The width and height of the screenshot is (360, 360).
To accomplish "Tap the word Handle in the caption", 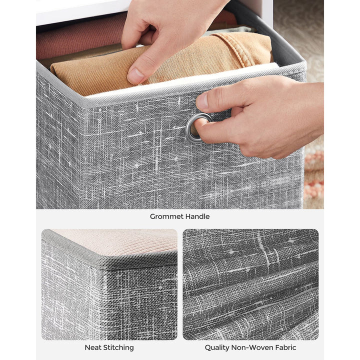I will (x=196, y=216).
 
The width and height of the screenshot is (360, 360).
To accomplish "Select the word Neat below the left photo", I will (x=93, y=347).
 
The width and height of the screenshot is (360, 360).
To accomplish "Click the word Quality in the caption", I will (x=217, y=347).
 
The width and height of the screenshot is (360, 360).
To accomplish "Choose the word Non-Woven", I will (x=251, y=347).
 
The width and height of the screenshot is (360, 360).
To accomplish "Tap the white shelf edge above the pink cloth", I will (x=75, y=12).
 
